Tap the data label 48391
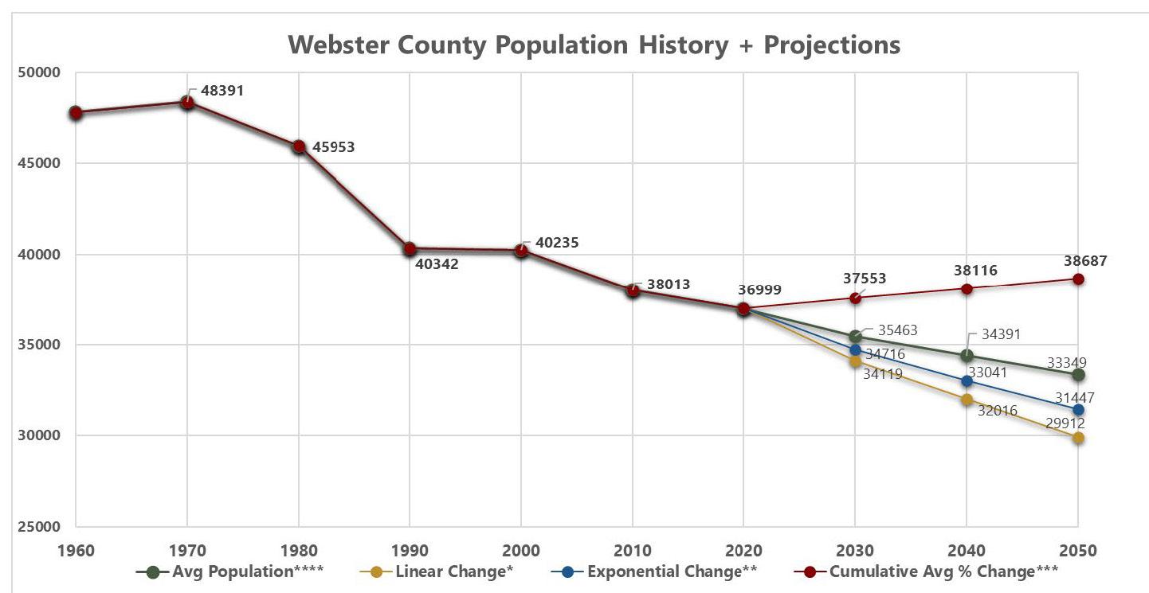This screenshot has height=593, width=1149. pos(222,91)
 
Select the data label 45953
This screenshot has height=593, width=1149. pos(333,147)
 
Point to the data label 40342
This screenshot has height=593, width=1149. pos(437,264)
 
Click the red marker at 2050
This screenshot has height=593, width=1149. pos(1078,279)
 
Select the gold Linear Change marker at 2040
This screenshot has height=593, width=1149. pos(967,400)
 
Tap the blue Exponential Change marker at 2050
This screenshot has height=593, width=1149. pos(1078,410)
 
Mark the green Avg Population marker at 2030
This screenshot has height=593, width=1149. pos(855,337)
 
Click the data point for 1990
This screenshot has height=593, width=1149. pos(410,249)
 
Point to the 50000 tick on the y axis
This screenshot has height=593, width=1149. pos(39,72)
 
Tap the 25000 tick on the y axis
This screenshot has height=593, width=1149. pos(39,527)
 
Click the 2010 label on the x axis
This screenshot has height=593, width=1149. pos(633,551)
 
